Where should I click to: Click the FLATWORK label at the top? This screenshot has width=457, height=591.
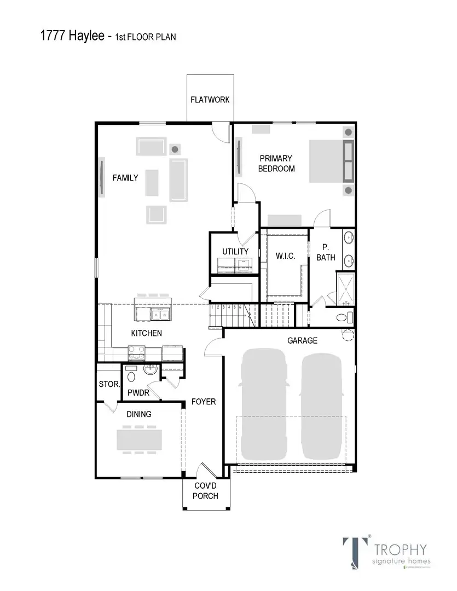coord(210,100)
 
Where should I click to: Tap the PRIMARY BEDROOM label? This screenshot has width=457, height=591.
coord(276,164)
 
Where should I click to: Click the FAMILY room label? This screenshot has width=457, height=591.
coord(125,177)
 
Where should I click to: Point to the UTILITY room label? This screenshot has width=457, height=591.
coord(235,251)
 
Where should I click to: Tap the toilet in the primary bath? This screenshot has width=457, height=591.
coord(343,317)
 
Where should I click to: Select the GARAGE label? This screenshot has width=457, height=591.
coord(303,340)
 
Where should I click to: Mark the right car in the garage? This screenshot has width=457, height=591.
coord(322,405)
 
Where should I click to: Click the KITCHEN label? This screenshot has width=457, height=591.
coord(146,333)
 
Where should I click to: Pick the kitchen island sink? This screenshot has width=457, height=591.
coord(161,314)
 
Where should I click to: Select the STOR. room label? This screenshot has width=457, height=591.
coord(109,385)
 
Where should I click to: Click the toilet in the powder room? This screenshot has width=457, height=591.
coord(131,376)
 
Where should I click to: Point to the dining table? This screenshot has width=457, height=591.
coord(140,439)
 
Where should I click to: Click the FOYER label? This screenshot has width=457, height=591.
coord(204,402)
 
